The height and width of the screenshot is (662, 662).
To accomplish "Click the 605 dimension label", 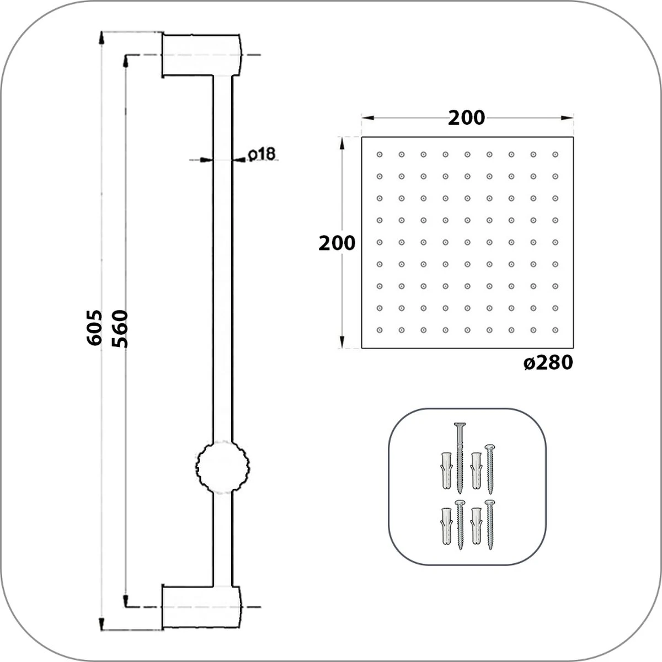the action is (x=94, y=328).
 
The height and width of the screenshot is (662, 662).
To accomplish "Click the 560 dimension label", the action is (x=120, y=328).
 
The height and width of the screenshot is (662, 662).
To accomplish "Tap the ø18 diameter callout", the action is (x=262, y=154).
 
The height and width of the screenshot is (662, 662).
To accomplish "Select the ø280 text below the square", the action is (x=548, y=363).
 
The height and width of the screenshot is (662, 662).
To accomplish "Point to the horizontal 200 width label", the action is (x=467, y=118).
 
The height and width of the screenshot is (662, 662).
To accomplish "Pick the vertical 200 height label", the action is (x=337, y=243).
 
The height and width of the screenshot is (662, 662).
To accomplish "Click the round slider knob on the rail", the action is (x=223, y=467).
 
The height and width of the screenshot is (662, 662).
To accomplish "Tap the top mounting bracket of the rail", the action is (x=202, y=55).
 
